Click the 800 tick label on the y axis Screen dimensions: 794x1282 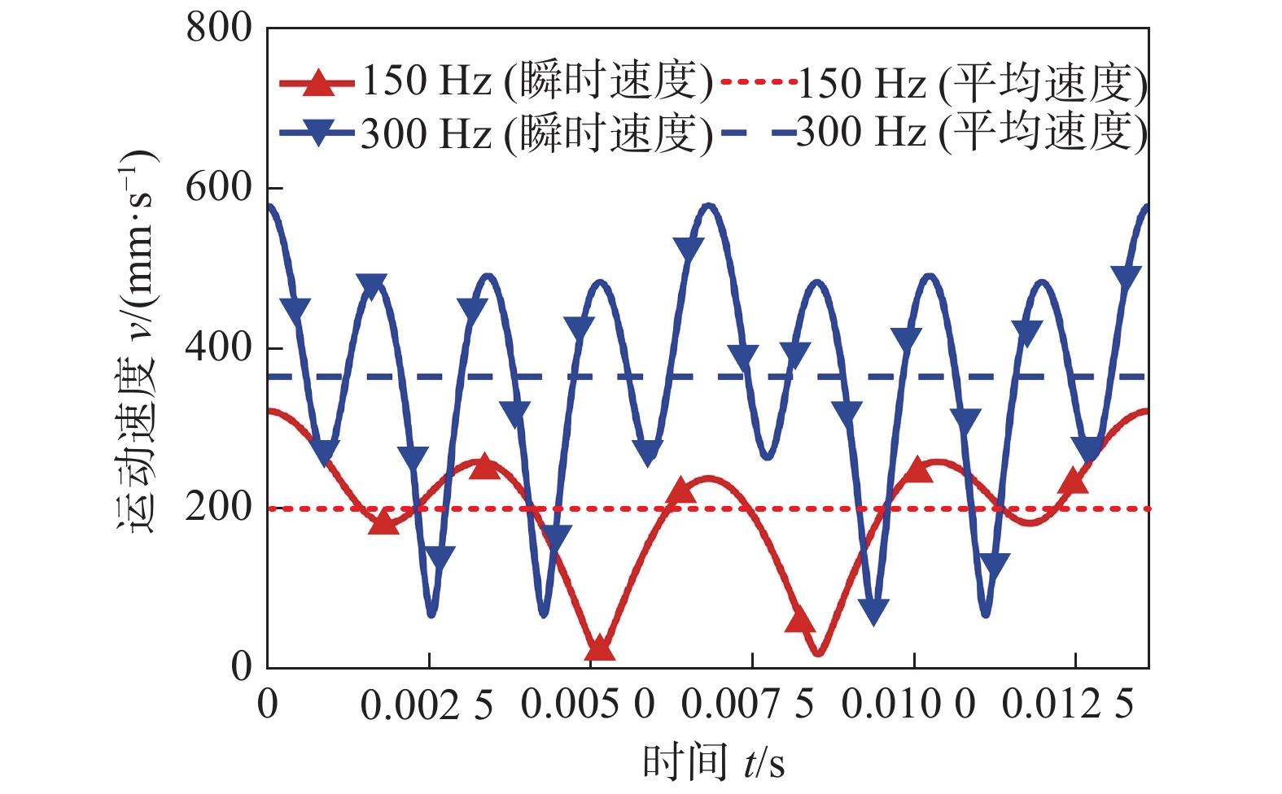pos(219,28)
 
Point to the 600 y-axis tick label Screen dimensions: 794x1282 pos(219,188)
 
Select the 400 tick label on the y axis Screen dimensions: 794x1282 pos(219,347)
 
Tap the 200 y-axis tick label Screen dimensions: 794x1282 pos(219,508)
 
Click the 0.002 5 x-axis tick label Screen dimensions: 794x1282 pos(427,705)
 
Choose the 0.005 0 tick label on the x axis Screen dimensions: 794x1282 pos(588,705)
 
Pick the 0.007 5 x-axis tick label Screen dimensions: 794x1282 pos(748,705)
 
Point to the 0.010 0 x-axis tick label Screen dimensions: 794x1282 pos(908,705)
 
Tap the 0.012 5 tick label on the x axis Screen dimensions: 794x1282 pos(1069,705)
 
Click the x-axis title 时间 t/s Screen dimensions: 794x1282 pos(714,762)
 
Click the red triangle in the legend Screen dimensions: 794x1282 pos(317,83)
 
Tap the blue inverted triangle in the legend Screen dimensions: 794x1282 pos(317,132)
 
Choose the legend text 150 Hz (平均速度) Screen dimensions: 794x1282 pos(973,83)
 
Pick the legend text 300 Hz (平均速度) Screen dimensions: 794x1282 pos(973,132)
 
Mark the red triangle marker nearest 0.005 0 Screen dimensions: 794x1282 pos(600,648)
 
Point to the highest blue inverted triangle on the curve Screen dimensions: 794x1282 pos(689,249)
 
